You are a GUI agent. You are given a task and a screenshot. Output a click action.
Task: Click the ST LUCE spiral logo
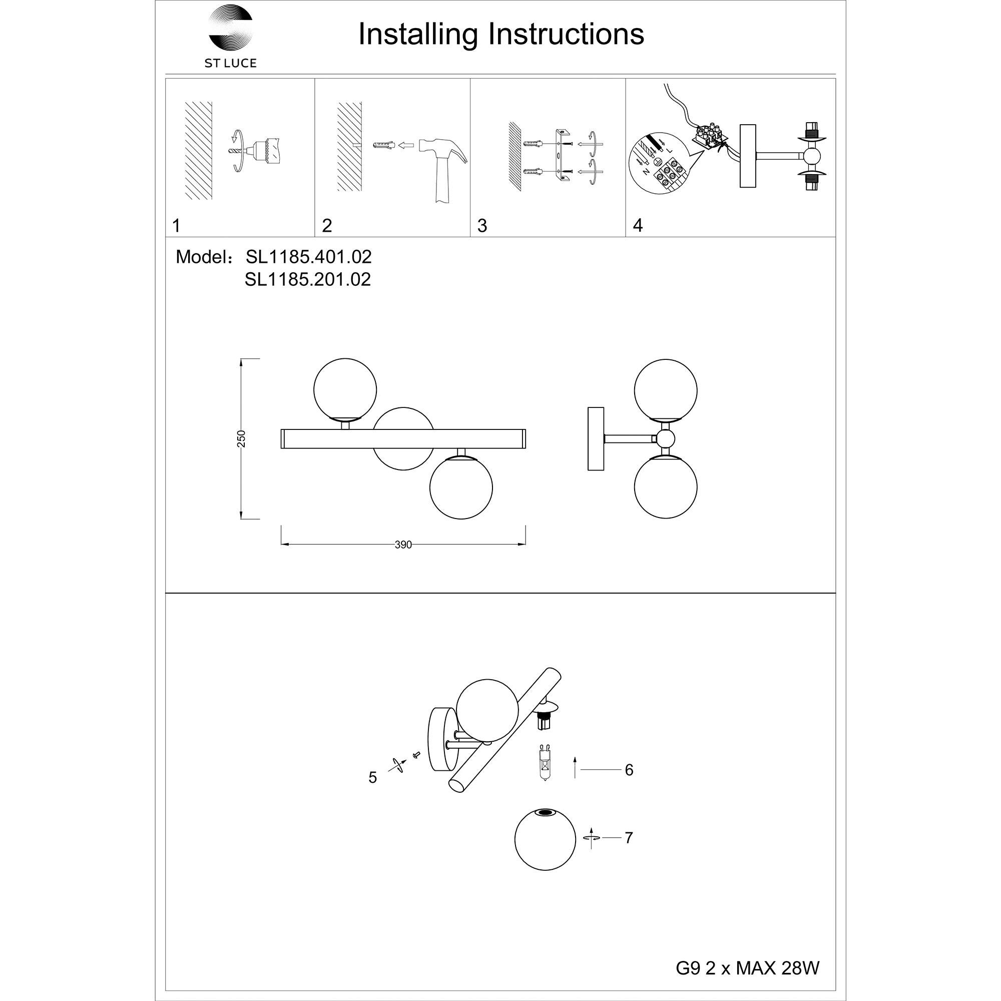[x=230, y=28]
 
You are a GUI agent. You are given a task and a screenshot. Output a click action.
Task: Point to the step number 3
[x=482, y=226]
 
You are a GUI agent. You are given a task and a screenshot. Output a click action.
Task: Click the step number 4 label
[x=637, y=225]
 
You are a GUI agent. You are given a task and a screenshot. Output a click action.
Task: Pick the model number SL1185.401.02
[x=308, y=257]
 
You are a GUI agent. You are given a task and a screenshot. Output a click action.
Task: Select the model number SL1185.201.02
[x=308, y=280]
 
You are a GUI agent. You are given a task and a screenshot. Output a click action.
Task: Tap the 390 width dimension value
[x=403, y=545]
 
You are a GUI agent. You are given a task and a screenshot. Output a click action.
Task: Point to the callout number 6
[x=629, y=770]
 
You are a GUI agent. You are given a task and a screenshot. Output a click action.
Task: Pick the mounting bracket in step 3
[x=561, y=156]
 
